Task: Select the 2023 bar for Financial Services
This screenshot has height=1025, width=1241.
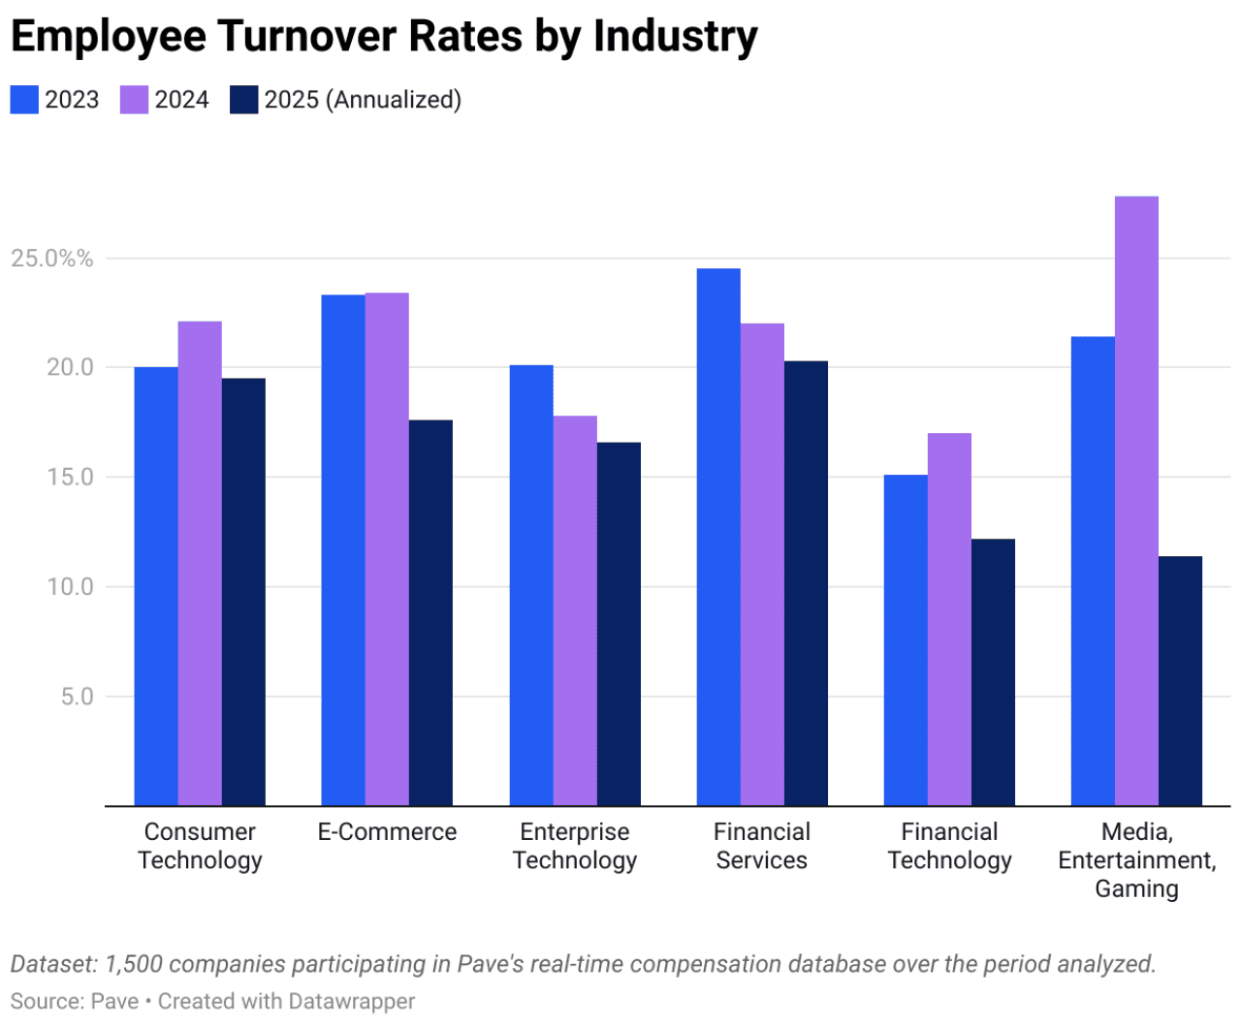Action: [718, 537]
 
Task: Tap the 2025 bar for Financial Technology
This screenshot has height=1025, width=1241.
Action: [993, 672]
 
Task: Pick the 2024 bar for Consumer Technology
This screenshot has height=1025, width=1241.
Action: [200, 563]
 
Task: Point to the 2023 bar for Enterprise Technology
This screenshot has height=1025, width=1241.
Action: [531, 585]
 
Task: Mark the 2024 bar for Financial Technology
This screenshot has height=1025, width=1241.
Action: [949, 619]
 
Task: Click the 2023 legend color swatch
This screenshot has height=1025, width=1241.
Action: [24, 100]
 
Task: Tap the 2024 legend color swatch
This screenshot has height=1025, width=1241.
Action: [134, 100]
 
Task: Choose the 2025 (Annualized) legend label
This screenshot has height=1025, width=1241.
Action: [363, 100]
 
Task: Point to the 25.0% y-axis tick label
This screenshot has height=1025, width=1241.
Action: [52, 259]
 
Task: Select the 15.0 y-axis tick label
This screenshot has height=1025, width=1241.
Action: [71, 478]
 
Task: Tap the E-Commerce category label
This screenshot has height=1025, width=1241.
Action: [387, 832]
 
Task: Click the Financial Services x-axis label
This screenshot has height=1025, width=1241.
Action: [761, 846]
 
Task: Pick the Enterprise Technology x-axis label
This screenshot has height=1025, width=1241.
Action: [574, 846]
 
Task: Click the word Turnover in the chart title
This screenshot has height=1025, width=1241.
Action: [306, 36]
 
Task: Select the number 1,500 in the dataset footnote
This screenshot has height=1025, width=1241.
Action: [132, 964]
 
